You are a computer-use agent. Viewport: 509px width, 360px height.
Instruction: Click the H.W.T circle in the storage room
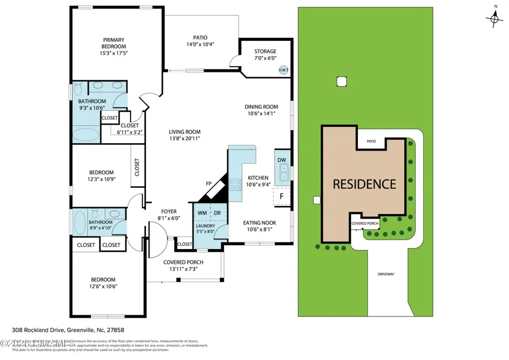(x=283, y=70)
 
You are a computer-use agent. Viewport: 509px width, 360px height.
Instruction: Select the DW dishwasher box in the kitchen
(x=282, y=160)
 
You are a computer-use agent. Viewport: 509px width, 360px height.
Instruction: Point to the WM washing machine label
(x=202, y=213)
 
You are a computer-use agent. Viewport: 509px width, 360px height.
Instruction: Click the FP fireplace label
(x=209, y=185)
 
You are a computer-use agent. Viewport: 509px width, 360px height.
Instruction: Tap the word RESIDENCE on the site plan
(x=364, y=184)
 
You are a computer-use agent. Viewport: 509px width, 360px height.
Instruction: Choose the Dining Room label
(x=261, y=106)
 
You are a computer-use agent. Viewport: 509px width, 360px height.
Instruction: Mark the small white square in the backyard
(x=340, y=81)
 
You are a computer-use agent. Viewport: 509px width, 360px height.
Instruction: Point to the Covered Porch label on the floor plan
(x=183, y=262)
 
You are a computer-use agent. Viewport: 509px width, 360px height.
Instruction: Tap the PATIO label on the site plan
(x=370, y=142)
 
